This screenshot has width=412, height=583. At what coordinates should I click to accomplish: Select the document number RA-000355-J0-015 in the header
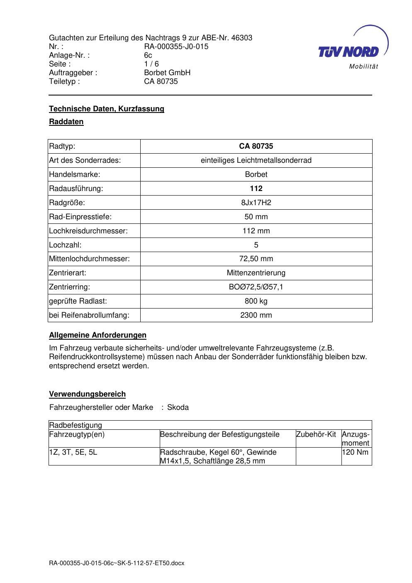(x=176, y=47)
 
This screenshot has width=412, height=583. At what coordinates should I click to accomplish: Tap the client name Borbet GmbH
(x=167, y=73)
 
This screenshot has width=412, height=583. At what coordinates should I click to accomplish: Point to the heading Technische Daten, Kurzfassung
(x=107, y=109)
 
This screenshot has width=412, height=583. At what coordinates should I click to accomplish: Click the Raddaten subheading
(x=66, y=122)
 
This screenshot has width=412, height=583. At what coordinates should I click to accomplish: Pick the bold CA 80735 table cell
(x=256, y=146)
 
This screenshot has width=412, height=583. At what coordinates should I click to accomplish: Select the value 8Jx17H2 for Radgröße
(x=256, y=203)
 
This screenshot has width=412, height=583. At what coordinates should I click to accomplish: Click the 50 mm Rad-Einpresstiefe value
(x=256, y=217)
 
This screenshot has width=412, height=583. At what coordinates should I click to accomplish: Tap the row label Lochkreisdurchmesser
(x=88, y=231)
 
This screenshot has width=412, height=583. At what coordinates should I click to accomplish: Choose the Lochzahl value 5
(x=256, y=245)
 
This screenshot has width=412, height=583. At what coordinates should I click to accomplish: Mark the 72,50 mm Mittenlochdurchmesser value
(x=256, y=259)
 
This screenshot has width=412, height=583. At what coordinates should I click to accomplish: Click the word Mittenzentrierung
(x=256, y=273)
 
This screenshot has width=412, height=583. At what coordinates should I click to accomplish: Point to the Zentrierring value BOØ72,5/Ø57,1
(x=256, y=287)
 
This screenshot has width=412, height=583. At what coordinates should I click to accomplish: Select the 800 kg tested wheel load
(x=256, y=301)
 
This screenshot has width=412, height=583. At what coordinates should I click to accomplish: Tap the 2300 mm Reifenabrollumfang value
(x=256, y=315)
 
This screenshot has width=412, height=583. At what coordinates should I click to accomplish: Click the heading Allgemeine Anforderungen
(x=98, y=335)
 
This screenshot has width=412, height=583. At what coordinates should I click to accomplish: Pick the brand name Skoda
(x=178, y=407)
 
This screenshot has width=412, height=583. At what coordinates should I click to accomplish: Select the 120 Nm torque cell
(x=355, y=452)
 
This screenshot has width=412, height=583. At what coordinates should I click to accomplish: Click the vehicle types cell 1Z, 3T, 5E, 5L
(x=73, y=452)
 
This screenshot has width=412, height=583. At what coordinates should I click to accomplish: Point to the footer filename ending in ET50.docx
(x=116, y=563)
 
